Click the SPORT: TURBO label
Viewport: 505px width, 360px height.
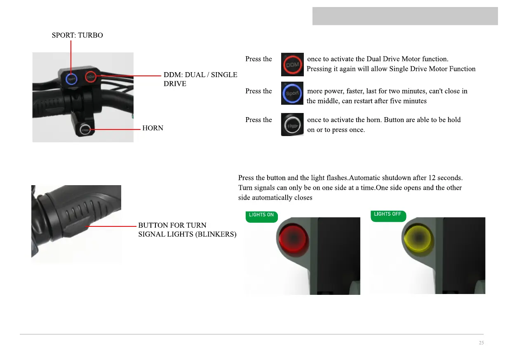(77, 35)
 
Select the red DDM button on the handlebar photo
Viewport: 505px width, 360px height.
(91, 77)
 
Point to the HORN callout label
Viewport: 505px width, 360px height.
(153, 128)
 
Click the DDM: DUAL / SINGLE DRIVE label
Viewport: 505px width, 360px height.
(200, 79)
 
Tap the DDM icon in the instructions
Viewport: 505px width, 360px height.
(292, 64)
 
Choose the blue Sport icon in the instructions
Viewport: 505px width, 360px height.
(292, 93)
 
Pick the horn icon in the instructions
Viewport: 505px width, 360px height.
(292, 124)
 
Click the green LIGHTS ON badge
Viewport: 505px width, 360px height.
(261, 216)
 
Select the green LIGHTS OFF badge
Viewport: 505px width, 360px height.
(388, 215)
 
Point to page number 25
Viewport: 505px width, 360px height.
(482, 343)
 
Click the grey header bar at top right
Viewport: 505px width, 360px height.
(405, 16)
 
